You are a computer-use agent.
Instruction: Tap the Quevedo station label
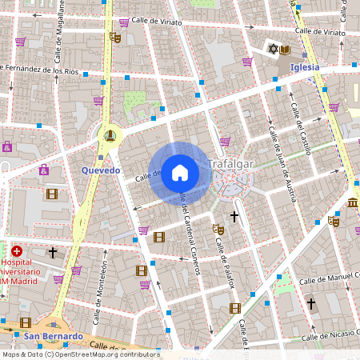click(101, 170)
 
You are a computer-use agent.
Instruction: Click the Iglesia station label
click(305, 67)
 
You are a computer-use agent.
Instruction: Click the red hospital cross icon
click(17, 251)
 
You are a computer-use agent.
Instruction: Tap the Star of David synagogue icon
click(271, 50)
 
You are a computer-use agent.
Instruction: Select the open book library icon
click(284, 50)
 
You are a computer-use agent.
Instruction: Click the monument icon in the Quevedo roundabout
click(109, 134)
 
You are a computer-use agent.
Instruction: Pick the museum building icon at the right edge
click(353, 202)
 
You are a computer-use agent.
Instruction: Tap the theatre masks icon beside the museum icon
click(334, 221)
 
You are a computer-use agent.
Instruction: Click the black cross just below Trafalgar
click(234, 216)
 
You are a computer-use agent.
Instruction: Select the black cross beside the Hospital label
click(53, 252)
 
